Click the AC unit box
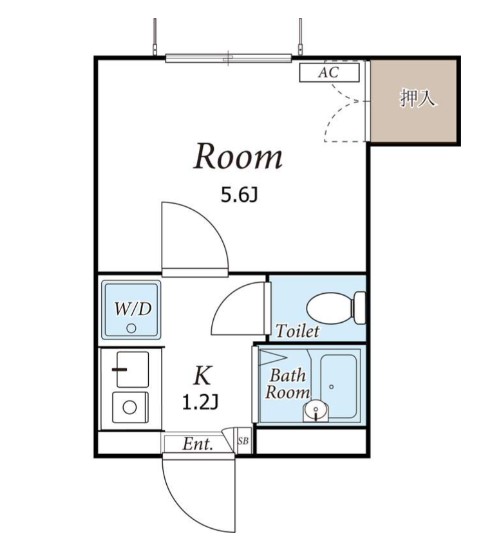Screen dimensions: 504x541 coord(329,72)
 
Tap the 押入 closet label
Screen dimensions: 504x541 coord(417,98)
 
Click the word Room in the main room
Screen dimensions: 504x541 coord(238,156)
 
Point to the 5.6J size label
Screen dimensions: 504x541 coord(239,195)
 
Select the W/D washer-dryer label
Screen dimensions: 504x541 coord(133,309)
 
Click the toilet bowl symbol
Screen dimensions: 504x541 coord(336,308)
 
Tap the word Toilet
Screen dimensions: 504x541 coord(297,331)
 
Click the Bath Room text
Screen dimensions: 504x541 coord(287,384)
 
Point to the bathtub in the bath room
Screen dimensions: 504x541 coord(338,385)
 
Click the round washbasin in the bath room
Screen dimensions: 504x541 coord(316,410)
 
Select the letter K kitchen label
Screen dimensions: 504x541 coord(202,375)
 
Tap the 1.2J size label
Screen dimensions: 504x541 coord(200,402)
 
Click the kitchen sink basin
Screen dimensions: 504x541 coord(133,369)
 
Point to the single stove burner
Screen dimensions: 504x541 coord(130,407)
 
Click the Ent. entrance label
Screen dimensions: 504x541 coord(197,444)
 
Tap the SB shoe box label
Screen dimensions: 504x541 coord(243,441)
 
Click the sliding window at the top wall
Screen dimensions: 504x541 coord(228,58)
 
